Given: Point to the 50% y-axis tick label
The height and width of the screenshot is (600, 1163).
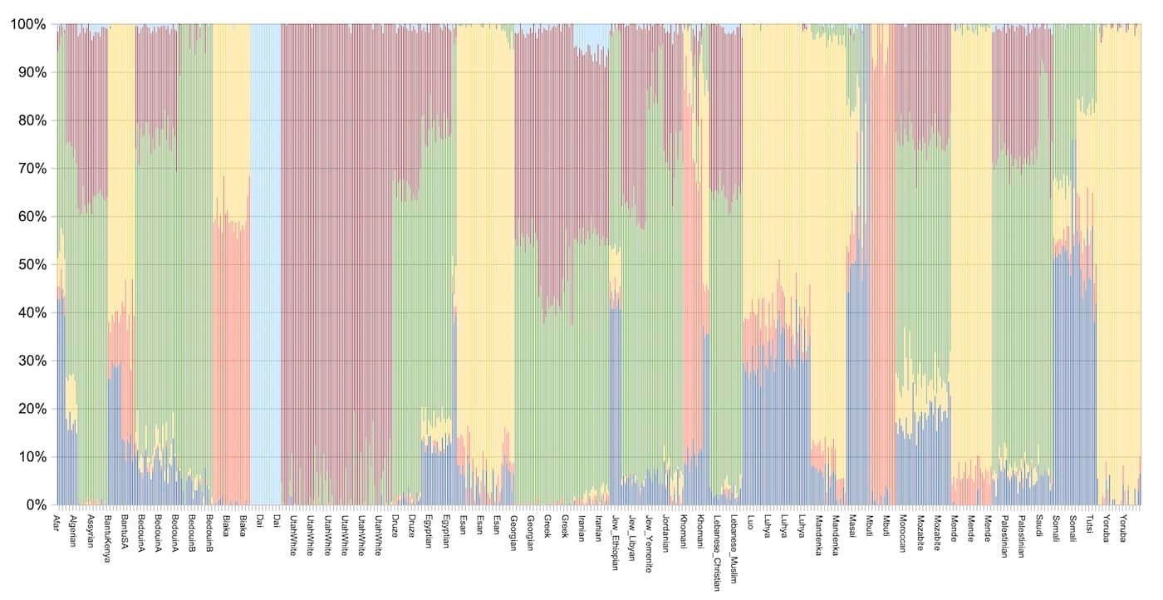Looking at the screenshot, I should point(30,264).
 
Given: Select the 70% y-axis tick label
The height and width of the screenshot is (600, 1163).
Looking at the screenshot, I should point(30,168).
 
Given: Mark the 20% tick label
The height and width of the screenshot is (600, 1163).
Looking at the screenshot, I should point(30,408).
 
